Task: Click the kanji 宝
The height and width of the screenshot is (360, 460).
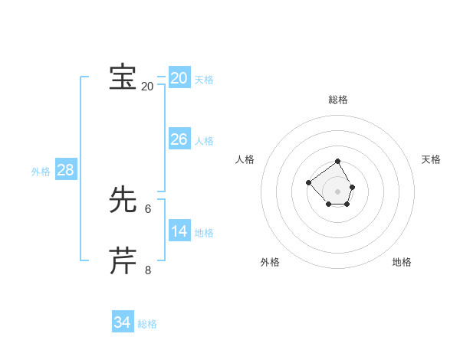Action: click(123, 77)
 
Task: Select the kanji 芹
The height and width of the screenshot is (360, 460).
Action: click(123, 261)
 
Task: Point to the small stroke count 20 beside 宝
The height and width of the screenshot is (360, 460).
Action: click(148, 87)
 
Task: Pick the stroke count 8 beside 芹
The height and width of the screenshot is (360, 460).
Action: click(148, 270)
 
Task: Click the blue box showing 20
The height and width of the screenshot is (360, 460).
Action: click(179, 78)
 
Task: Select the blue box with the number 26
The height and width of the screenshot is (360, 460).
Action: click(179, 139)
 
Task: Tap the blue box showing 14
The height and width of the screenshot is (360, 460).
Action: click(179, 231)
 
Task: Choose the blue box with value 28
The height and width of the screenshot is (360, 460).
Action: click(65, 170)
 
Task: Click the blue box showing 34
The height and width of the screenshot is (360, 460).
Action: click(123, 322)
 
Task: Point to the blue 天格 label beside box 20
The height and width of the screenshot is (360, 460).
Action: click(204, 80)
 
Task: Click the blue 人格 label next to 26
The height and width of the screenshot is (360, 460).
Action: click(204, 141)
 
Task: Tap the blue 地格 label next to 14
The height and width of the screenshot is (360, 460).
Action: click(204, 233)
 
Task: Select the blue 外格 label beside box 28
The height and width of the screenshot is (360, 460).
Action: click(41, 172)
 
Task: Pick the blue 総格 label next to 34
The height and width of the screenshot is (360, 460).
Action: click(147, 324)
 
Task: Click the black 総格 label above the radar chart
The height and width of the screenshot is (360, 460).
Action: click(338, 100)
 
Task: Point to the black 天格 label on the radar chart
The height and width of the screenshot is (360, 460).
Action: click(431, 159)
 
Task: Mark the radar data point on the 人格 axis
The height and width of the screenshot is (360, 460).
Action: click(308, 182)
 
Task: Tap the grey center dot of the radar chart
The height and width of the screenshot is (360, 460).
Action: click(338, 191)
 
